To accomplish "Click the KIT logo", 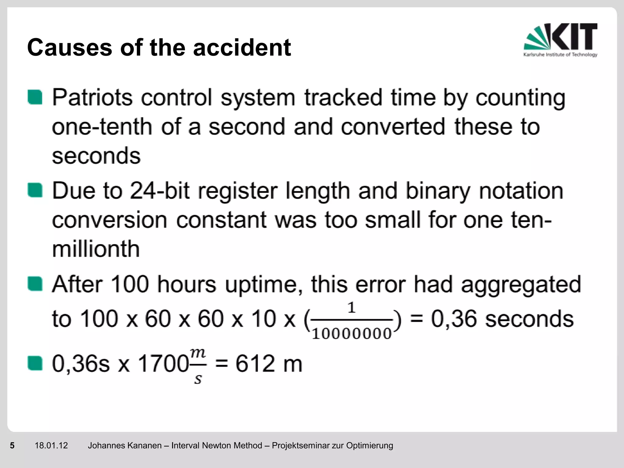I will (x=560, y=40).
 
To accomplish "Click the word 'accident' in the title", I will (x=242, y=48).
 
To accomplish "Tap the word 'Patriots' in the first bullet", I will (x=92, y=98).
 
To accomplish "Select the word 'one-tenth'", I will (x=102, y=127).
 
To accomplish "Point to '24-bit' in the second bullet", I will (x=160, y=191).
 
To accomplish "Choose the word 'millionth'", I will (x=96, y=249).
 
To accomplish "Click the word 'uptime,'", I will (x=264, y=285).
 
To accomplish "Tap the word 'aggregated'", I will (x=521, y=285).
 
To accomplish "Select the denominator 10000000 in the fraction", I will (x=352, y=334).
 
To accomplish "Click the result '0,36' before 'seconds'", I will (x=454, y=319).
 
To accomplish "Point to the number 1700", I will (x=163, y=364).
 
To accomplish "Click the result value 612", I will (x=255, y=364).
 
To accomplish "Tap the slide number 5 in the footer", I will (x=12, y=445).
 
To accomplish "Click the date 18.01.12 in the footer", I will (x=51, y=445).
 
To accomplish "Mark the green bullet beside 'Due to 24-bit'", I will (x=35, y=190).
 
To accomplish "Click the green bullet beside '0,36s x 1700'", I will (x=35, y=363).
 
